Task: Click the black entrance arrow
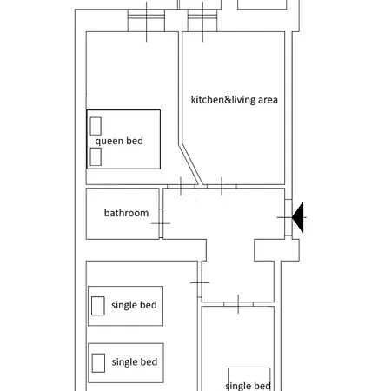coord(298,217)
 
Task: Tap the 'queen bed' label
coord(119,142)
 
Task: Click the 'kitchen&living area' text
coord(235,100)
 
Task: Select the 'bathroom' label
coord(126,213)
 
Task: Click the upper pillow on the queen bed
coord(96,126)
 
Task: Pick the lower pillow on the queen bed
coord(96,156)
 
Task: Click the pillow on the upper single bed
coord(98,306)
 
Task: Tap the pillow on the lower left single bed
coord(98,363)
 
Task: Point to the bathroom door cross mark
coord(161,223)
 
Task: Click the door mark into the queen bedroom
coord(181,186)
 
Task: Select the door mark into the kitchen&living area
coord(222,186)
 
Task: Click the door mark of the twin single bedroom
coord(200,282)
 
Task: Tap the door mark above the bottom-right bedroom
coord(238,304)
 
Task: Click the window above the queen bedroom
coord(146,20)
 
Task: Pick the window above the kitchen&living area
coord(202,20)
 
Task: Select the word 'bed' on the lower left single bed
coord(149,361)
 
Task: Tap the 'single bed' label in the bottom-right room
coord(248,386)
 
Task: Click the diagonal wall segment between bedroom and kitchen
coord(190,164)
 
